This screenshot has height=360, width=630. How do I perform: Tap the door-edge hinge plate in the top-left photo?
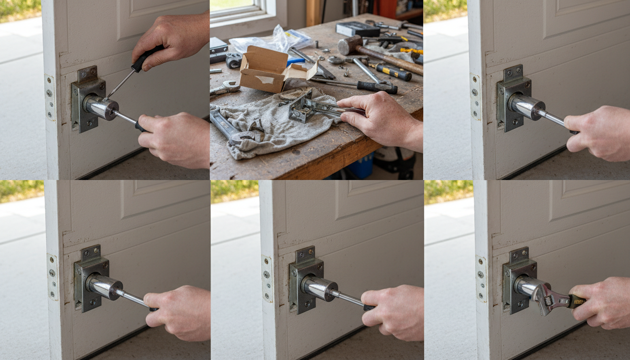point(50,97)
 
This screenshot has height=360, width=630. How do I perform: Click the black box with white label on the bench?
point(357,29)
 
